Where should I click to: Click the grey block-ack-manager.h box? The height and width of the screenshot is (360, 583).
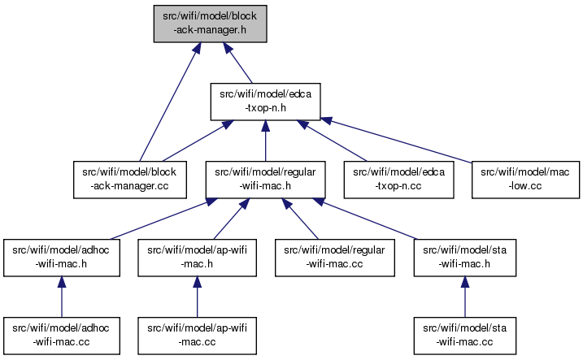pos(210,24)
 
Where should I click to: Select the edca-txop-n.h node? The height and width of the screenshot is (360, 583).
pos(265,102)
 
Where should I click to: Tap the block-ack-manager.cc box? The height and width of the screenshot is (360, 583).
pos(130,180)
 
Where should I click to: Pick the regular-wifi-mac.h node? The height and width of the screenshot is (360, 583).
pos(265,180)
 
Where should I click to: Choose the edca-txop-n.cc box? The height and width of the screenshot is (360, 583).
pos(398,180)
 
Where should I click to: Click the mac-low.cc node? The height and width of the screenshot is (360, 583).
pos(525,180)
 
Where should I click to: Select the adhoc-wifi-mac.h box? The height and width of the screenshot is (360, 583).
pos(62,258)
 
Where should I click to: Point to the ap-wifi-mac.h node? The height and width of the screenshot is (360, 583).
pos(197,258)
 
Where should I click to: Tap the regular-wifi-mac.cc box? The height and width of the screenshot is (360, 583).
pos(335,258)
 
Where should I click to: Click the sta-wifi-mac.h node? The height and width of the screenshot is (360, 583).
pos(465,258)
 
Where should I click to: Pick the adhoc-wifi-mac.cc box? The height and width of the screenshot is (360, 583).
pos(62,336)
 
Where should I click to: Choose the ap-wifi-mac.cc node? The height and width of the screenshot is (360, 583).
pos(197,336)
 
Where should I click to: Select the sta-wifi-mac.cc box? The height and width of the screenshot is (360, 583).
pos(465,336)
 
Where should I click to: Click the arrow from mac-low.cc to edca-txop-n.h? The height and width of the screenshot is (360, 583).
pos(396,140)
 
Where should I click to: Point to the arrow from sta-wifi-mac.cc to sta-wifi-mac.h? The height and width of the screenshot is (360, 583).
pos(465,297)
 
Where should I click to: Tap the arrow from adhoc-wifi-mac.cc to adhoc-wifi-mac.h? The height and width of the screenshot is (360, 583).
pos(62,297)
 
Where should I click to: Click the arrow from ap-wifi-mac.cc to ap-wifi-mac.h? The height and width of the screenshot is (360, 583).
pos(197,297)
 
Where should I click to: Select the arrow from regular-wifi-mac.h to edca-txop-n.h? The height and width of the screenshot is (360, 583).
pos(265,141)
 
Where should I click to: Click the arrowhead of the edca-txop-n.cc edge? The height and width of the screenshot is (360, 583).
pos(302,124)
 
